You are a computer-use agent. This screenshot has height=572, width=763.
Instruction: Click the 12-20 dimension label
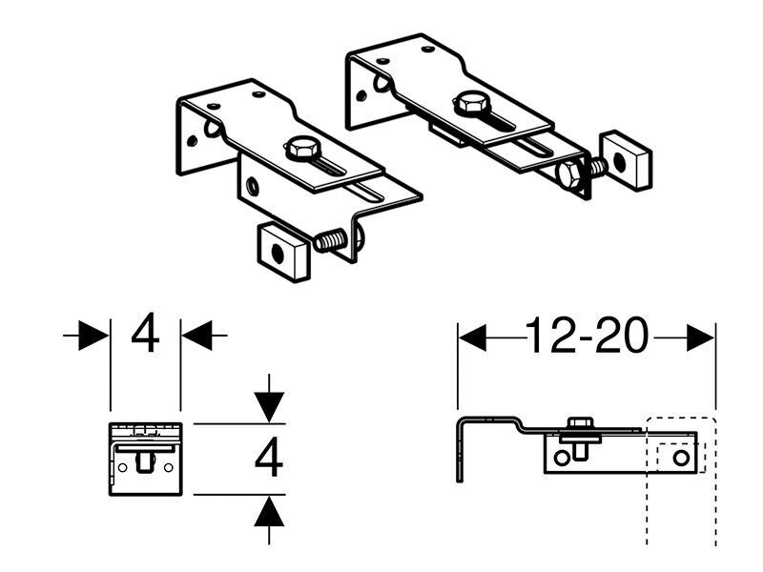pyautogui.click(x=587, y=336)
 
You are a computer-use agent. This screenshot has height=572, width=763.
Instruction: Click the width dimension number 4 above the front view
pyautogui.click(x=145, y=333)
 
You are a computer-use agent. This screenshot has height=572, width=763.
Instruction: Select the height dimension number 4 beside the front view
pyautogui.click(x=269, y=457)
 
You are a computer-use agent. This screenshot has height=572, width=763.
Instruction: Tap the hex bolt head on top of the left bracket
pyautogui.click(x=301, y=148)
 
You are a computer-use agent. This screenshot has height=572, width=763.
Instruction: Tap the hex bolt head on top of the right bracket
pyautogui.click(x=470, y=104)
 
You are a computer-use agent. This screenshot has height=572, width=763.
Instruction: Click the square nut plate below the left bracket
pyautogui.click(x=283, y=252)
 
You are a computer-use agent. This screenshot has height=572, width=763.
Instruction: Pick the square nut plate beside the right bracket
pyautogui.click(x=626, y=160)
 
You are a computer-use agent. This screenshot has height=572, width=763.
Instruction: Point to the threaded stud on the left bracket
pyautogui.click(x=330, y=240)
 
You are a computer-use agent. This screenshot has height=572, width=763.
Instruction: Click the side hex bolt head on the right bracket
pyautogui.click(x=569, y=174)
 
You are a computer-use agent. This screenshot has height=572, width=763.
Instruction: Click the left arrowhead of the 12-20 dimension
pyautogui.click(x=472, y=337)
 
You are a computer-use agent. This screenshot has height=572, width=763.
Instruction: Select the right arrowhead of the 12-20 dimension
pyautogui.click(x=700, y=337)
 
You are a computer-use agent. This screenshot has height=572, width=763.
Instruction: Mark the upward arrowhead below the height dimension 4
pyautogui.click(x=269, y=512)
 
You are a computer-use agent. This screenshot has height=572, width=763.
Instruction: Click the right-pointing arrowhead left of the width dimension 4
pyautogui.click(x=93, y=335)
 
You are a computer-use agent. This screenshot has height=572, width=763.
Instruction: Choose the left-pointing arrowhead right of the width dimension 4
pyautogui.click(x=197, y=335)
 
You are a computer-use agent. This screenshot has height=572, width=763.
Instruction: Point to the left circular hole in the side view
pyautogui.click(x=561, y=458)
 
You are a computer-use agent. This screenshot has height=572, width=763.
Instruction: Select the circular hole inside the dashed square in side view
pyautogui.click(x=681, y=458)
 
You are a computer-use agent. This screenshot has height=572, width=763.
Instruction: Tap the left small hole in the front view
pyautogui.click(x=122, y=467)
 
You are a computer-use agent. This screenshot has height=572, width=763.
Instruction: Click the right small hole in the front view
pyautogui.click(x=169, y=467)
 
